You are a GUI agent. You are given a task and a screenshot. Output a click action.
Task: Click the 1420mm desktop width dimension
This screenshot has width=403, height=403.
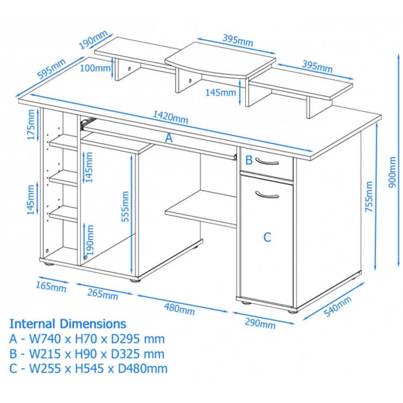pyautogui.click(x=171, y=117)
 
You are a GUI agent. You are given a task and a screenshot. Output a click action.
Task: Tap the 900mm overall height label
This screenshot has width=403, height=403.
pyautogui.click(x=392, y=172)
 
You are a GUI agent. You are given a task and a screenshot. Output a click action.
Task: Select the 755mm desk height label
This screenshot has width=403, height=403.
pyautogui.click(x=369, y=196)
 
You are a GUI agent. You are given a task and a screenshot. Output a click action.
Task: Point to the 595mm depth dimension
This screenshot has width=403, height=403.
pyautogui.click(x=51, y=68)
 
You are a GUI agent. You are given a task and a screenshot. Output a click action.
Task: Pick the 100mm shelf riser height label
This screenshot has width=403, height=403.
pyautogui.click(x=95, y=68)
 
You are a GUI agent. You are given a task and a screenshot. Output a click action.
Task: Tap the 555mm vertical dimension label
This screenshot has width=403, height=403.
pyautogui.click(x=125, y=206)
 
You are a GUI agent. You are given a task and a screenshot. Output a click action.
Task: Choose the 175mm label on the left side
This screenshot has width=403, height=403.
pyautogui.click(x=31, y=125)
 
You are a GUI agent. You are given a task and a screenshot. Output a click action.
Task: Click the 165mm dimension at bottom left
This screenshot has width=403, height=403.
pyautogui.click(x=51, y=287)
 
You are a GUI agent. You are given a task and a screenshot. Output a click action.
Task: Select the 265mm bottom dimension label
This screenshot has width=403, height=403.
pyautogui.click(x=103, y=294)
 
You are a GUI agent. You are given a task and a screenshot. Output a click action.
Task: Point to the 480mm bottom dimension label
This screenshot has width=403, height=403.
pyautogui.click(x=179, y=309)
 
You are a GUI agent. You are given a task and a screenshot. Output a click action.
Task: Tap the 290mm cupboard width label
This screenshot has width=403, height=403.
pyautogui.click(x=260, y=323)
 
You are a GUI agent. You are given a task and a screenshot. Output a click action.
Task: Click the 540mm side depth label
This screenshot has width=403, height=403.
pyautogui.click(x=338, y=306)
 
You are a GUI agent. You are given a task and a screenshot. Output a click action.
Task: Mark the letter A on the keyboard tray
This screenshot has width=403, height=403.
pyautogui.click(x=169, y=138)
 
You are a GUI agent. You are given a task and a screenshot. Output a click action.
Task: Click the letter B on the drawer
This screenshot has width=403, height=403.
pyautogui.click(x=249, y=160)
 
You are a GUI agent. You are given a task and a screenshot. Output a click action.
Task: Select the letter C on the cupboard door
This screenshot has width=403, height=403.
pyautogui.click(x=267, y=237)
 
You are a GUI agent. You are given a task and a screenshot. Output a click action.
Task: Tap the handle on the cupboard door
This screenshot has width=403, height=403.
pyautogui.click(x=267, y=195)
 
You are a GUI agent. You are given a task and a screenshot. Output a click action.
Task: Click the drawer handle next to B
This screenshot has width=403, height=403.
pyautogui.click(x=267, y=162)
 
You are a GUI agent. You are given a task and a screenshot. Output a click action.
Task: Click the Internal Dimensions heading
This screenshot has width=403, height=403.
pyautogui.click(x=68, y=324)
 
